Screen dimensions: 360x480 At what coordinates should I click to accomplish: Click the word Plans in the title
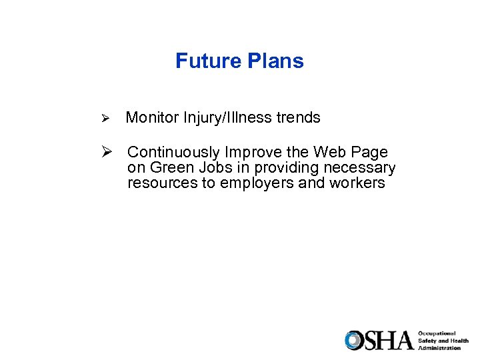[x=275, y=61]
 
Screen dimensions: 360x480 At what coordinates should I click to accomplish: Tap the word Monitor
[x=150, y=118]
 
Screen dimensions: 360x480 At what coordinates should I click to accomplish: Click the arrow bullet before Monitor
[x=104, y=119]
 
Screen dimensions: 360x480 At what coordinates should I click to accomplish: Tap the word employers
[x=253, y=183]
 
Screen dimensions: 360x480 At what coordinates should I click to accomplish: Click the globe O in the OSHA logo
[x=353, y=341]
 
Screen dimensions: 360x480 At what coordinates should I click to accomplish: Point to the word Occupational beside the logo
[x=437, y=333]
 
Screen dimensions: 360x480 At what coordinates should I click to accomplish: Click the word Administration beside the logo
[x=440, y=348]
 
